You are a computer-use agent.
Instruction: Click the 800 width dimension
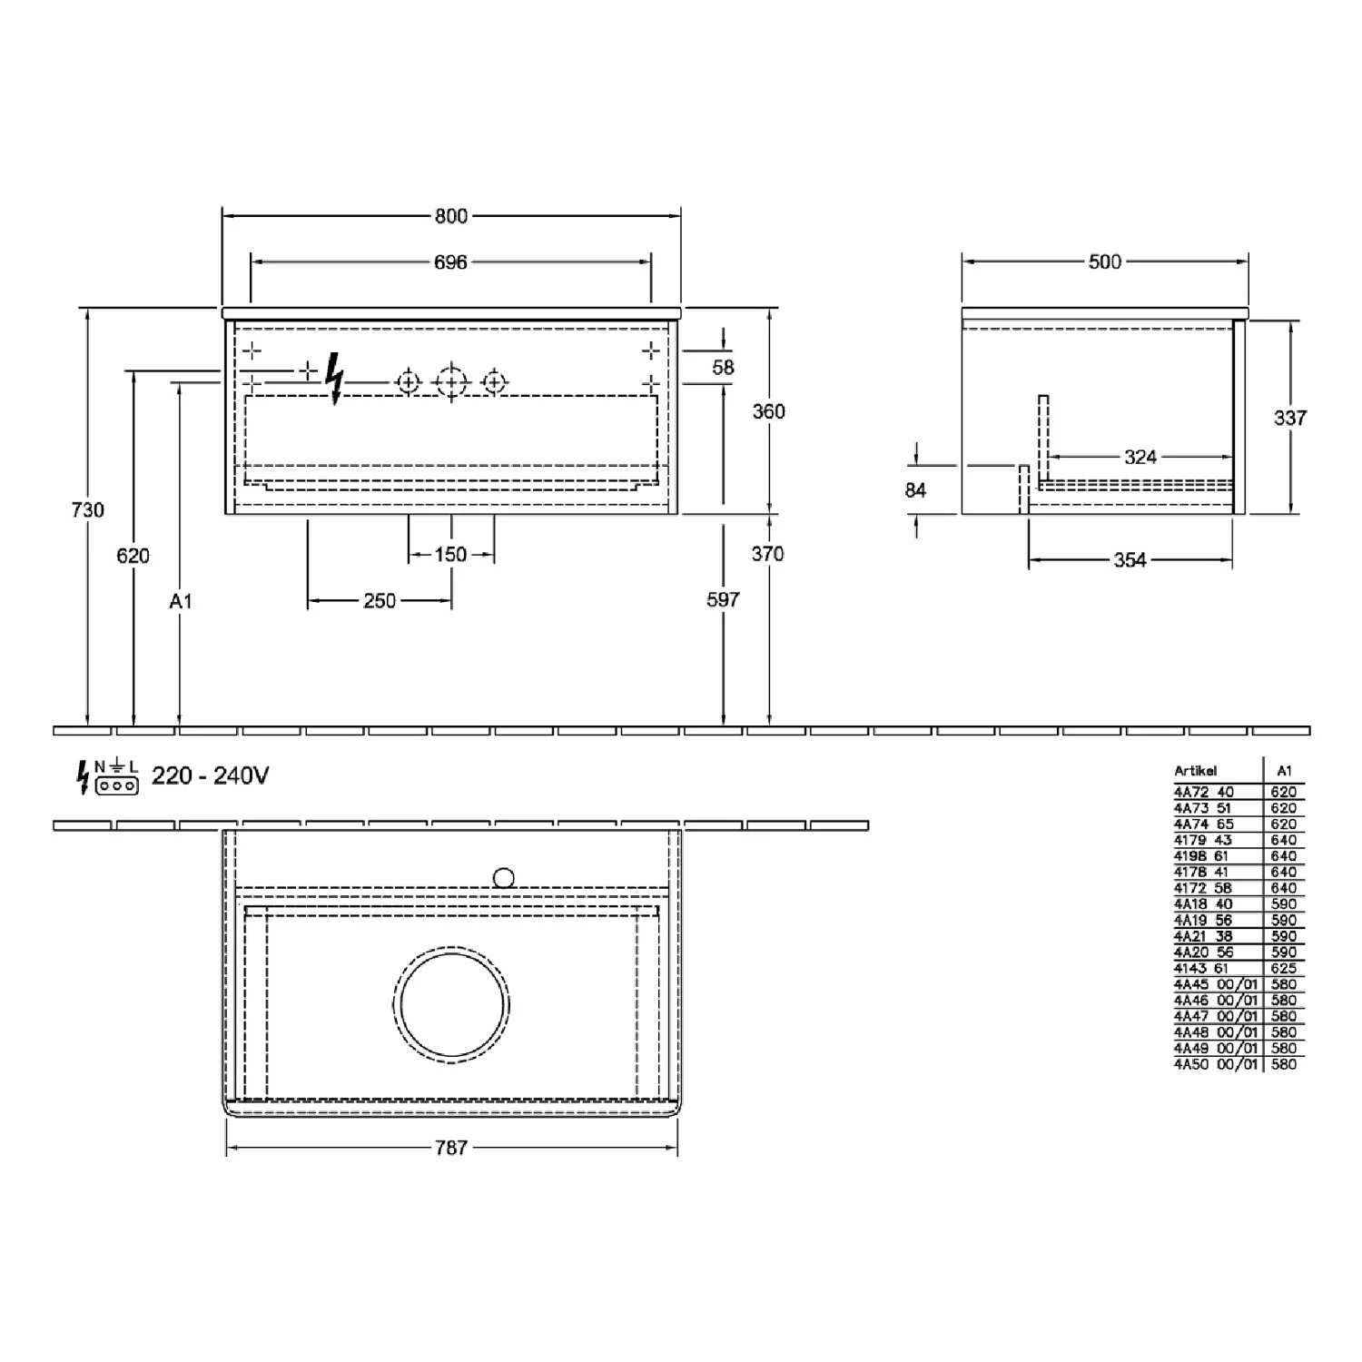450,216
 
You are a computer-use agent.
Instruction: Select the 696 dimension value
450,262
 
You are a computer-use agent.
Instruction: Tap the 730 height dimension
88,510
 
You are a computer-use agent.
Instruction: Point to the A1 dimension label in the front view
181,601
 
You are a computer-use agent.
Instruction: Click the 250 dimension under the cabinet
380,600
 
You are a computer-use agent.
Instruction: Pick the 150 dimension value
450,554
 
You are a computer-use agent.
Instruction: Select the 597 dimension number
724,599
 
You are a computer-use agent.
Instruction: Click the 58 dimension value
724,368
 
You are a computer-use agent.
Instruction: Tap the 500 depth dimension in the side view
1105,262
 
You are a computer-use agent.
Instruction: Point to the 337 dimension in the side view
1290,418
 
